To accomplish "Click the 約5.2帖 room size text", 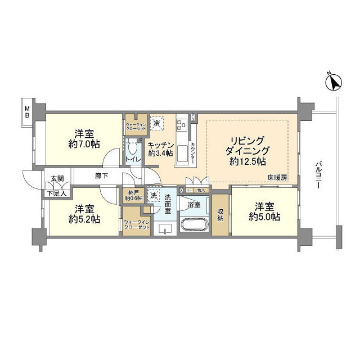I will point(84,219).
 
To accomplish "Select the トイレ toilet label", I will point(133,160).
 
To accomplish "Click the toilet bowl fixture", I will point(133,148).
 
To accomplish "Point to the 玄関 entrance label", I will point(57,179).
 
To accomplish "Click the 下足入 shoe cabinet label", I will point(57,193).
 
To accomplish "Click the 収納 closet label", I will point(220,214).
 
